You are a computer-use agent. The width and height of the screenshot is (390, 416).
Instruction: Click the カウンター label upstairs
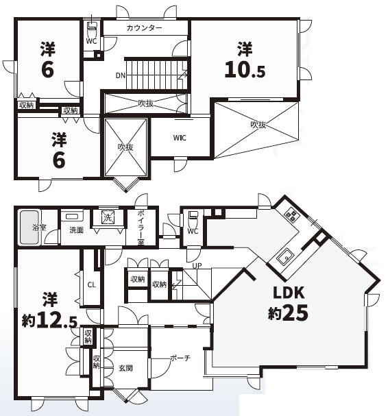tap(145, 28)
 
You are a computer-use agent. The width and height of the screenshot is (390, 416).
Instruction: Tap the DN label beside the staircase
tap(121, 75)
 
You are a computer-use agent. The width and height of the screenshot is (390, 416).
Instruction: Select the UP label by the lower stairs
tap(197, 265)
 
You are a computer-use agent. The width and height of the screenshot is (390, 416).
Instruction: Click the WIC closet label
tap(180, 138)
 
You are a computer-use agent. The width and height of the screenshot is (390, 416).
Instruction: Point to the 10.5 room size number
tap(245, 70)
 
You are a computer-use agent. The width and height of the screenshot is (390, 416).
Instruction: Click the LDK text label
tap(289, 293)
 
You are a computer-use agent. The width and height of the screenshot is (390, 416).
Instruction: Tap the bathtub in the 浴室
tap(29, 228)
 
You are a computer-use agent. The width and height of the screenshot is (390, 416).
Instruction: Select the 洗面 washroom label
tap(76, 230)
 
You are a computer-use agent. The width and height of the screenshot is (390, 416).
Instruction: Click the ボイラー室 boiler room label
tap(141, 228)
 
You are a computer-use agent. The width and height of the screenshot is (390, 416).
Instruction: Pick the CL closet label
tap(92, 285)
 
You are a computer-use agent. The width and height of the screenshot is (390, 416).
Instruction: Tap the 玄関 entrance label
tap(125, 368)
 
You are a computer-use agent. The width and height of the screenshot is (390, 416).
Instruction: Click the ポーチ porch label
tap(180, 358)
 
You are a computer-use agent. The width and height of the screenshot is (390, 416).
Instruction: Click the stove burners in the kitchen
tap(292, 216)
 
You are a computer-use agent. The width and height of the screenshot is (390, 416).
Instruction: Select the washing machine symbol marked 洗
tap(108, 217)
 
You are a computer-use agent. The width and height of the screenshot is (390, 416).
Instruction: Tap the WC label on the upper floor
tap(92, 41)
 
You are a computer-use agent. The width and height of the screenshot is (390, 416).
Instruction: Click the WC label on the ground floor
tap(193, 231)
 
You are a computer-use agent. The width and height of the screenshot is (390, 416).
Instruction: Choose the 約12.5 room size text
tap(50, 320)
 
